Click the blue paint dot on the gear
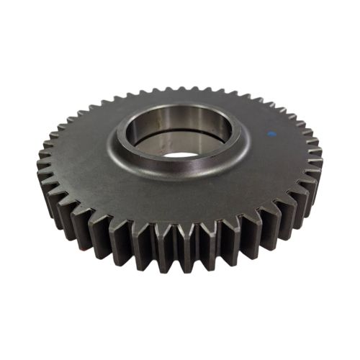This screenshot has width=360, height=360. click(x=271, y=133)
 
